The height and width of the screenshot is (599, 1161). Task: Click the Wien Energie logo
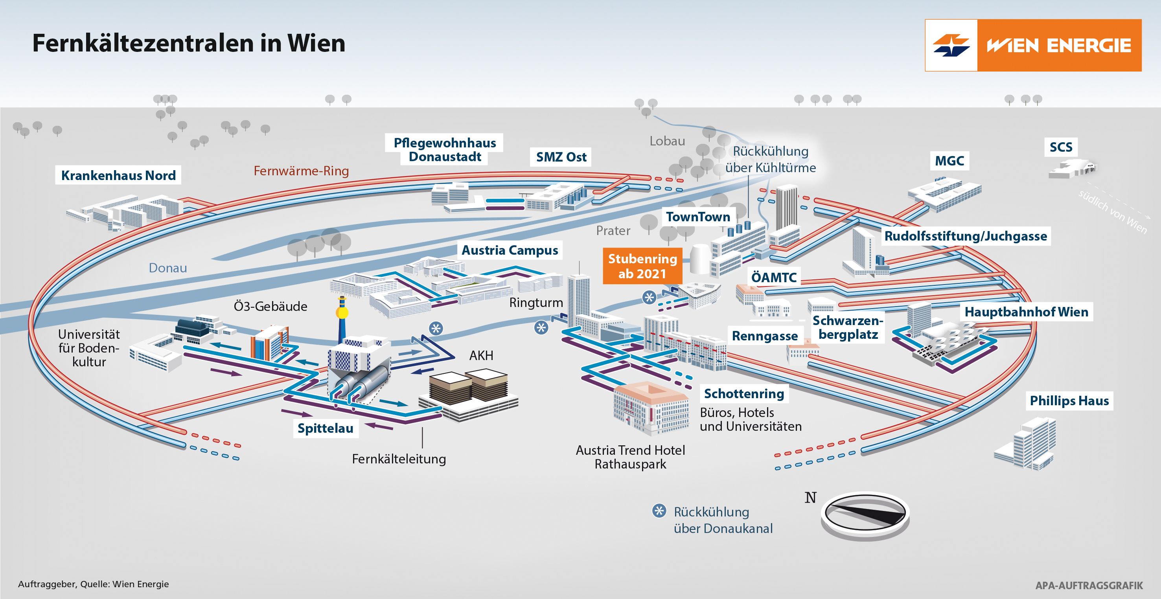point(1032,45)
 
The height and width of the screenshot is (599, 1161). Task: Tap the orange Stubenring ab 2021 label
point(642,266)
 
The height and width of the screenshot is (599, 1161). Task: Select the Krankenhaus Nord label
point(118,175)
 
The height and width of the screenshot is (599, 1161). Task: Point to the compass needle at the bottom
point(865,514)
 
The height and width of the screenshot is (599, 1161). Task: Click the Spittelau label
point(326,428)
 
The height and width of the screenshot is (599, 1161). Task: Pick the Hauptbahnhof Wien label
point(1026,311)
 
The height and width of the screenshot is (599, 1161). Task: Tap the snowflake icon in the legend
point(659,511)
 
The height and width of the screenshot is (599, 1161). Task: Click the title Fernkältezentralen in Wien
point(188,44)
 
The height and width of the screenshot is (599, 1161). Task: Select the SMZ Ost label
point(561,157)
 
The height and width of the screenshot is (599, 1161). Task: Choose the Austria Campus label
point(510,250)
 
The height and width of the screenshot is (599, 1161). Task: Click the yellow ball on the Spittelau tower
point(342,312)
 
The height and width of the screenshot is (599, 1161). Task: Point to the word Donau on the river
point(167,268)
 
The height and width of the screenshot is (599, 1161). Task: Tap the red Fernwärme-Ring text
point(301,171)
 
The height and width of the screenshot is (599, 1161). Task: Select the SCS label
point(1061,147)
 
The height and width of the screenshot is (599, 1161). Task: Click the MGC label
point(949,161)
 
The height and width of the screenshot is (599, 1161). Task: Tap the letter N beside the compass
point(810,498)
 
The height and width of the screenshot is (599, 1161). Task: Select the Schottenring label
point(743,393)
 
